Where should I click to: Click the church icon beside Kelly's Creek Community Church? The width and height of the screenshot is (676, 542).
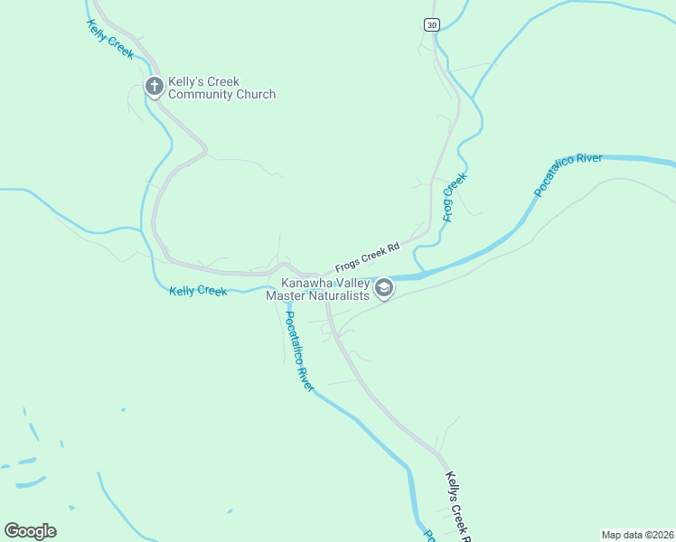[x=154, y=87]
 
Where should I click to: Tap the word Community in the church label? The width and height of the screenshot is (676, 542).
[x=206, y=94]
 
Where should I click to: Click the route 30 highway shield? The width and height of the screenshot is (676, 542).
[x=432, y=24]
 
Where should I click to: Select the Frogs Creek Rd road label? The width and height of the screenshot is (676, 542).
[x=367, y=257]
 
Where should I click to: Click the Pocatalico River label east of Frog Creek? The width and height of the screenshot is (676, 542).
[x=568, y=174]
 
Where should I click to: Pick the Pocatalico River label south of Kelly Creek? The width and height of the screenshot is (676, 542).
[x=299, y=351]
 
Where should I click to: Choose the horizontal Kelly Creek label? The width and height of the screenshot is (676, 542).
[x=198, y=290]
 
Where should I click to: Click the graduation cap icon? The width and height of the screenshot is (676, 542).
[x=384, y=289]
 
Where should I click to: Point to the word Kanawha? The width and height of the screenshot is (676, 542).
[x=294, y=283]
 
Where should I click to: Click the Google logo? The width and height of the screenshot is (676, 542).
[x=30, y=531]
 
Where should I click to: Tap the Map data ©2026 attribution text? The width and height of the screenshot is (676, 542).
[x=637, y=534]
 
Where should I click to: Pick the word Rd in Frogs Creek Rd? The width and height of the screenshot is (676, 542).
[x=393, y=245]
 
